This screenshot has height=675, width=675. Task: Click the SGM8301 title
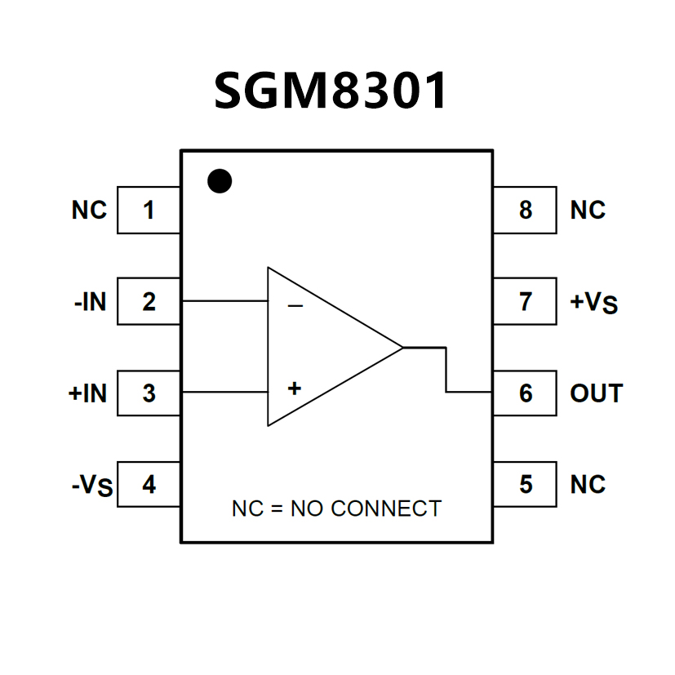click(331, 91)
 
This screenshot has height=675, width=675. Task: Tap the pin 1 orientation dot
click(220, 180)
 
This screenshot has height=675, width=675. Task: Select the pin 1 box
click(149, 211)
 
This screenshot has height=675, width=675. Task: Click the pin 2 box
click(149, 302)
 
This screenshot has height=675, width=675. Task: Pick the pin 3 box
click(149, 393)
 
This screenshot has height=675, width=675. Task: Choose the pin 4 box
click(149, 485)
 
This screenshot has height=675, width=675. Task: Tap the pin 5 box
click(525, 485)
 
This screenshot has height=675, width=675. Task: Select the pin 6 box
click(525, 393)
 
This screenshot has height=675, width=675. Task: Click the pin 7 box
click(525, 302)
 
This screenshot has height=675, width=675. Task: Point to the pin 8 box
click(525, 211)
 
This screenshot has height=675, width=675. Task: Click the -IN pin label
click(89, 302)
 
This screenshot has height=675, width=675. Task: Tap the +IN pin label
click(87, 393)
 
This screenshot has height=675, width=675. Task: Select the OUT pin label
click(596, 393)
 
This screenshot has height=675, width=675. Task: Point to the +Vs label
click(593, 304)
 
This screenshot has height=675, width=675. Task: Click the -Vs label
click(91, 487)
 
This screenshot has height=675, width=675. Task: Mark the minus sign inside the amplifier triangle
click(295, 307)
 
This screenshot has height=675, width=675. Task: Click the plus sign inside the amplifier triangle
click(295, 388)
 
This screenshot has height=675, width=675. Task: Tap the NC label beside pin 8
click(588, 211)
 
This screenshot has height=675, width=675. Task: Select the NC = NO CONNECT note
click(336, 508)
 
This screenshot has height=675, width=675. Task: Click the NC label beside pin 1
click(89, 211)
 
